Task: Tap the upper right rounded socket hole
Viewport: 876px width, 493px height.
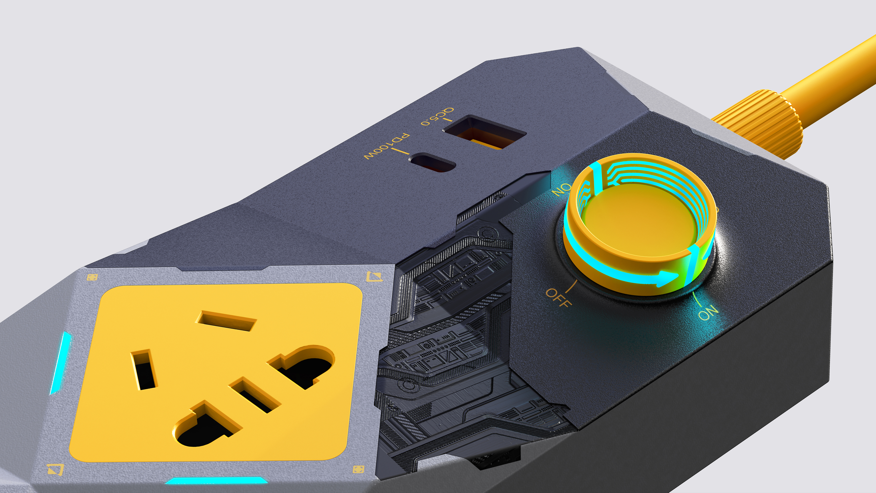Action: (x=303, y=367)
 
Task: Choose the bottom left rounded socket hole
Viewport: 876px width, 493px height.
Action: (x=204, y=425)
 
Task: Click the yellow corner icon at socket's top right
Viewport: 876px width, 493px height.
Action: (x=374, y=276)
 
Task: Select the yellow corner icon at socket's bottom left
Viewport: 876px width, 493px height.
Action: (x=55, y=469)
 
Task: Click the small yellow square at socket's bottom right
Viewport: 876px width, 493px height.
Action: (x=358, y=469)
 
